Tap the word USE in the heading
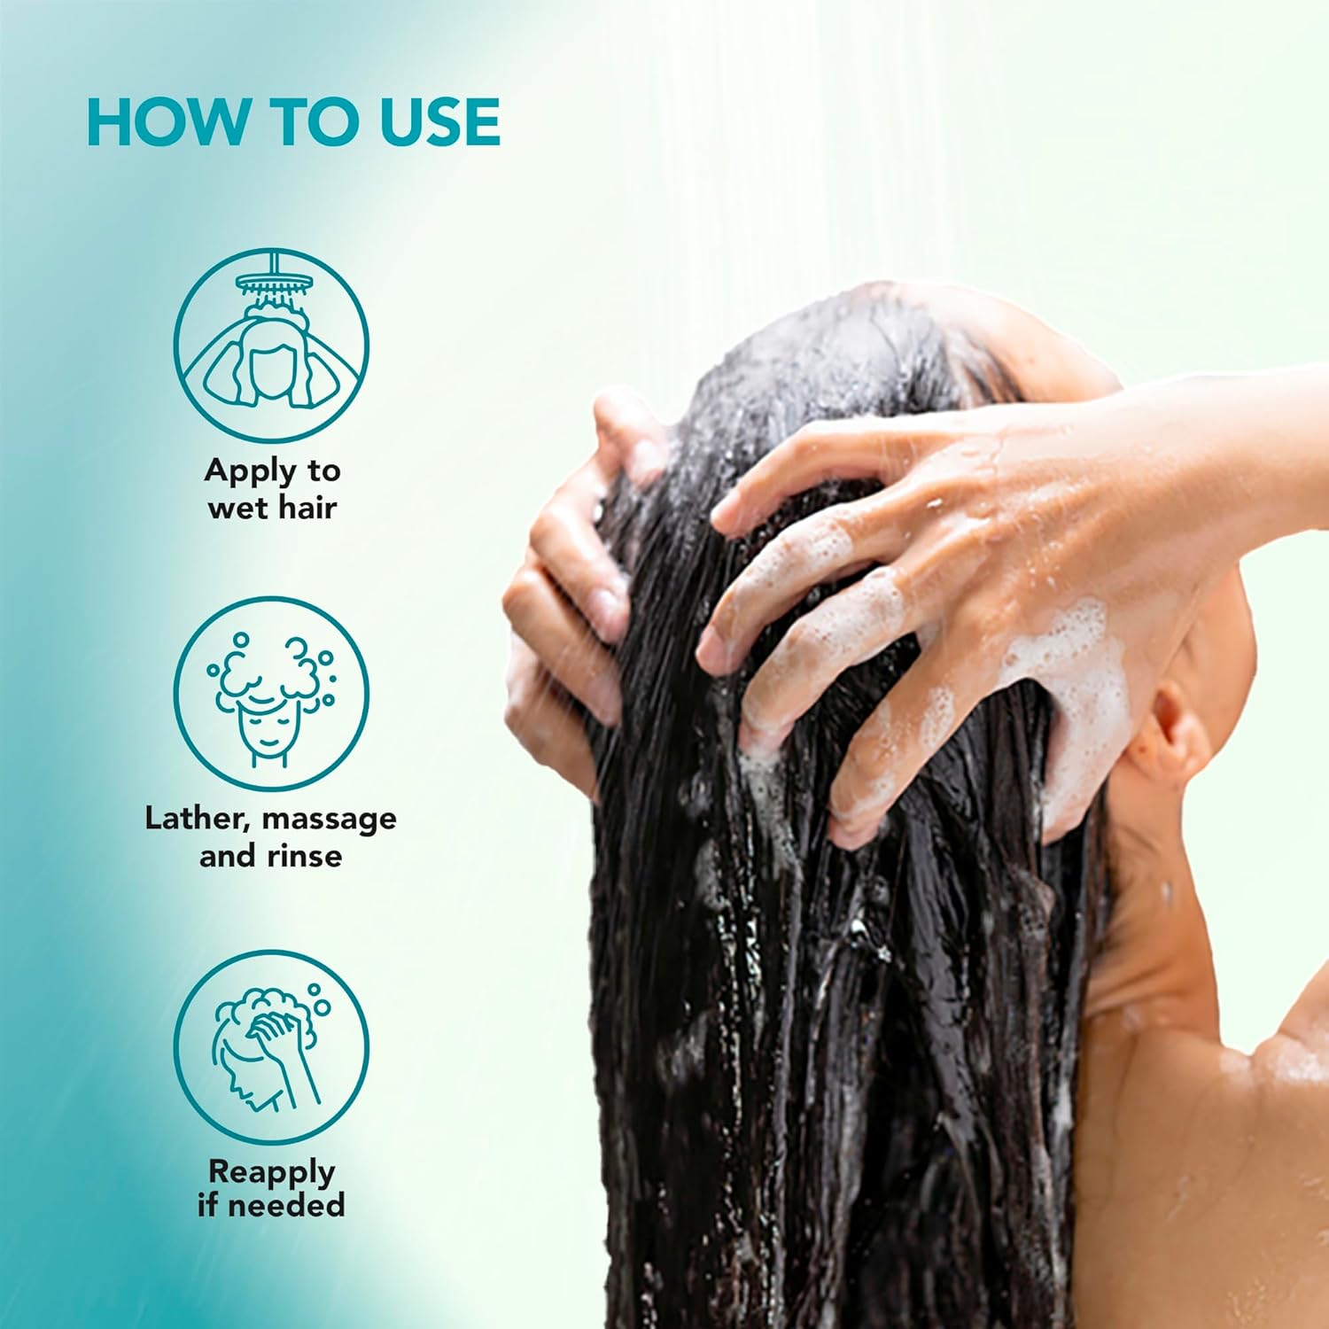coord(440,122)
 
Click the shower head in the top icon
coord(276,283)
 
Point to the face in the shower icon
coord(271,372)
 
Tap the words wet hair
coord(272,508)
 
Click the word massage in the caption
coord(329,820)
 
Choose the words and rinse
coord(270,856)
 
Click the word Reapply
coord(272,1173)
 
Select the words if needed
coord(271,1205)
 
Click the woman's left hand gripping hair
coord(567,576)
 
